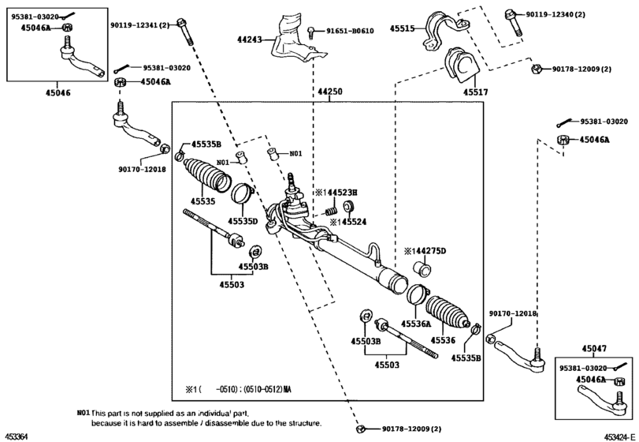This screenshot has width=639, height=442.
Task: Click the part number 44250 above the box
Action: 330,92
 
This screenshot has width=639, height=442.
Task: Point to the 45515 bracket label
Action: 403,28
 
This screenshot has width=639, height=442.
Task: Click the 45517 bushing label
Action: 475,92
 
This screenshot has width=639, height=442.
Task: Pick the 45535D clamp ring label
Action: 243,221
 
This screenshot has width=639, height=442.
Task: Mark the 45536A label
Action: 415,324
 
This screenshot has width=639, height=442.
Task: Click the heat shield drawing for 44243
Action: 295,39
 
